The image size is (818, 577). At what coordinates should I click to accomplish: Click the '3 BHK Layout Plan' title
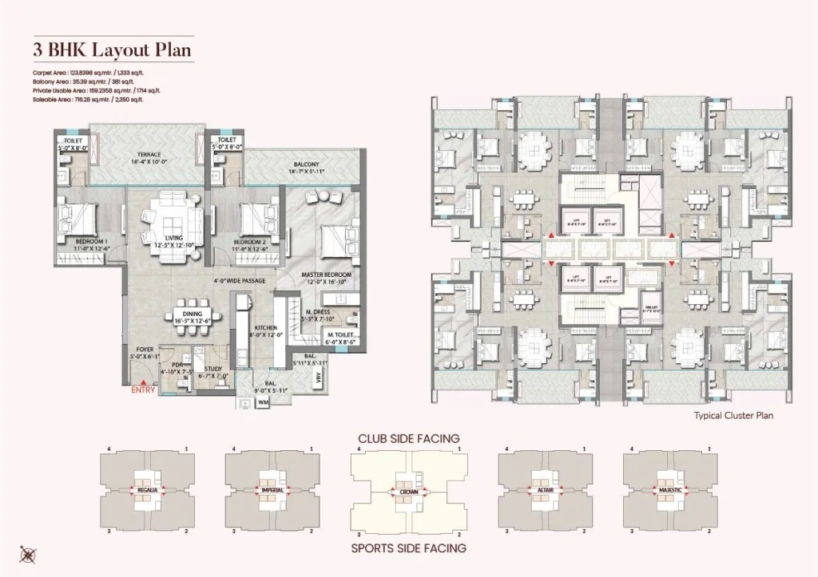(x=112, y=49)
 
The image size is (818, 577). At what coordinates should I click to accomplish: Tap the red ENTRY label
(x=143, y=390)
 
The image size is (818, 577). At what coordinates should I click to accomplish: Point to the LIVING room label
(x=169, y=238)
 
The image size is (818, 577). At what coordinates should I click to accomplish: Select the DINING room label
(x=192, y=314)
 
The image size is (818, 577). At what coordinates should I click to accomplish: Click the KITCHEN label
(x=264, y=327)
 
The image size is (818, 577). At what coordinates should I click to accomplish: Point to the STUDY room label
(x=212, y=369)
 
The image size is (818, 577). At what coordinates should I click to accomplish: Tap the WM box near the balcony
(x=263, y=404)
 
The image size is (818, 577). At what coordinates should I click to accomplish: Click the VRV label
(x=318, y=381)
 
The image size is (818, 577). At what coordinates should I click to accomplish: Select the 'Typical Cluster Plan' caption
(x=733, y=416)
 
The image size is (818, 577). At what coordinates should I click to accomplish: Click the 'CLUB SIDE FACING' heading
(x=408, y=438)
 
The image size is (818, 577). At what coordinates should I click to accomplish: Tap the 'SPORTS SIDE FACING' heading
(x=408, y=548)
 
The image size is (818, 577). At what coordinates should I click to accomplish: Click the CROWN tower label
(x=408, y=493)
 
